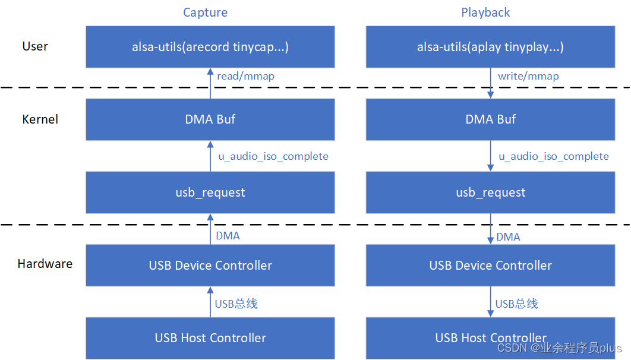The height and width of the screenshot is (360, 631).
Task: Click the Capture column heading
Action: point(205,12)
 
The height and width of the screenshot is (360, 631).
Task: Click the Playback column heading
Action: point(485,12)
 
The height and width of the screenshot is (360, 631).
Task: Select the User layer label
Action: point(34,46)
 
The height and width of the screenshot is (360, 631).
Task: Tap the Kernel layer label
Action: point(40,119)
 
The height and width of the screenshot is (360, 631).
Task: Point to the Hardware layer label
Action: point(45,264)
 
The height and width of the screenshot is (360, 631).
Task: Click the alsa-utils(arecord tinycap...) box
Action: point(210,47)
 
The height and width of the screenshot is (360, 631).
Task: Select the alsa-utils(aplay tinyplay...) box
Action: point(490,47)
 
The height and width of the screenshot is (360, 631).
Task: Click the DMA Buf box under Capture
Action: point(210,119)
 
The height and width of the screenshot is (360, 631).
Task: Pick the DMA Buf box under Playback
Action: point(490,119)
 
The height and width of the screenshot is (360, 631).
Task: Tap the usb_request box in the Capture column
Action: point(210,192)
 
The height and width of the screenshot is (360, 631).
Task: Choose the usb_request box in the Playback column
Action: point(490,192)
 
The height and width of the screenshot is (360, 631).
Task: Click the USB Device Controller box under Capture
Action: point(210,265)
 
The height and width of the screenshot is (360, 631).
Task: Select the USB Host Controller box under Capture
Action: point(210,338)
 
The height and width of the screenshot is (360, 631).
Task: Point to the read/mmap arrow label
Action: point(245,76)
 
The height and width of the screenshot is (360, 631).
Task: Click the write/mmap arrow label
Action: point(528,76)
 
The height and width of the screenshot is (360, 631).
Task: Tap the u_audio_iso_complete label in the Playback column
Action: point(553,156)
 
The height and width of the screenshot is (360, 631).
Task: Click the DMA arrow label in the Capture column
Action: point(228,236)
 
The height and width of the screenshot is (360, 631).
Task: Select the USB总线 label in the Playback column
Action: point(516,304)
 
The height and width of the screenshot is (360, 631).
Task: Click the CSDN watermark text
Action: point(559,348)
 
